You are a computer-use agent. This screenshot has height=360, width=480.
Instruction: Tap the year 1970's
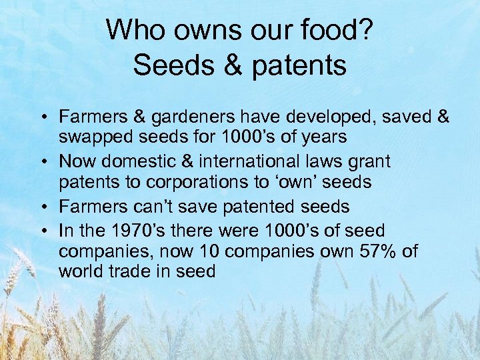click(157, 231)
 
